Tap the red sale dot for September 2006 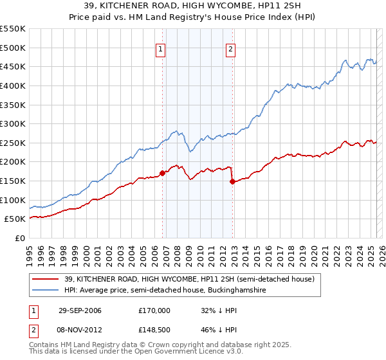[x=162, y=173]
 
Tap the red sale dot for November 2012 [x=232, y=181]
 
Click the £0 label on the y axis [x=20, y=238]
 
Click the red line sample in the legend [x=46, y=279]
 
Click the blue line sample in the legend [x=46, y=291]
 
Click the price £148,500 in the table [x=154, y=331]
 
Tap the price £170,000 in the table [x=154, y=310]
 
